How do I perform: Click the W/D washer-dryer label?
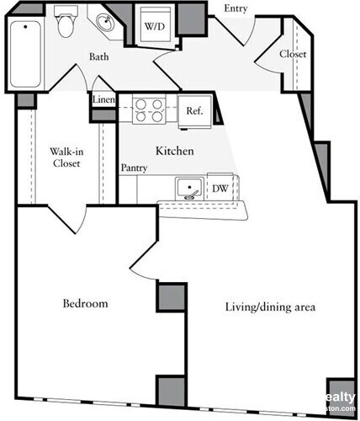154,26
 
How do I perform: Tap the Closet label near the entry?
293,54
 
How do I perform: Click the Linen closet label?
103,99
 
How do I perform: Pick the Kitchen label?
175,152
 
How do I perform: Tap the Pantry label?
134,168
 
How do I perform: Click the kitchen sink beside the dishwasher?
189,188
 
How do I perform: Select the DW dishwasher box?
220,188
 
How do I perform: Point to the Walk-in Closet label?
65,157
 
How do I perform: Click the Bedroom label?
85,303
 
